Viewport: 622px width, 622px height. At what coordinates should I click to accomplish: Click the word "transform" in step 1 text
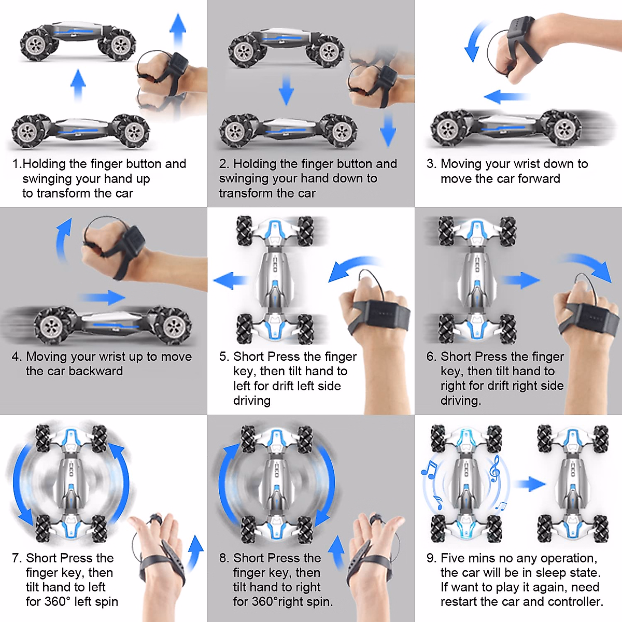45,193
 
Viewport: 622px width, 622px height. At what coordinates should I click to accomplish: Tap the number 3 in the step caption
431,164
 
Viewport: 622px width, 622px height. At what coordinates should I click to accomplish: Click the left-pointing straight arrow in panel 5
231,280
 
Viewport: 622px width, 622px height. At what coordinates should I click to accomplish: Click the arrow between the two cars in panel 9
530,484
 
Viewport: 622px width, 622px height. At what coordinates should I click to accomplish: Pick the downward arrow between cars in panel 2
286,89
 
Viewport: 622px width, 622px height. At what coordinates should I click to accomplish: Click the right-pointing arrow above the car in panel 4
103,297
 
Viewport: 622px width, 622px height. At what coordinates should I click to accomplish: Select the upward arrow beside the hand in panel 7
195,553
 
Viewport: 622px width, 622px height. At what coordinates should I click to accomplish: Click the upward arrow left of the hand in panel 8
337,552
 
